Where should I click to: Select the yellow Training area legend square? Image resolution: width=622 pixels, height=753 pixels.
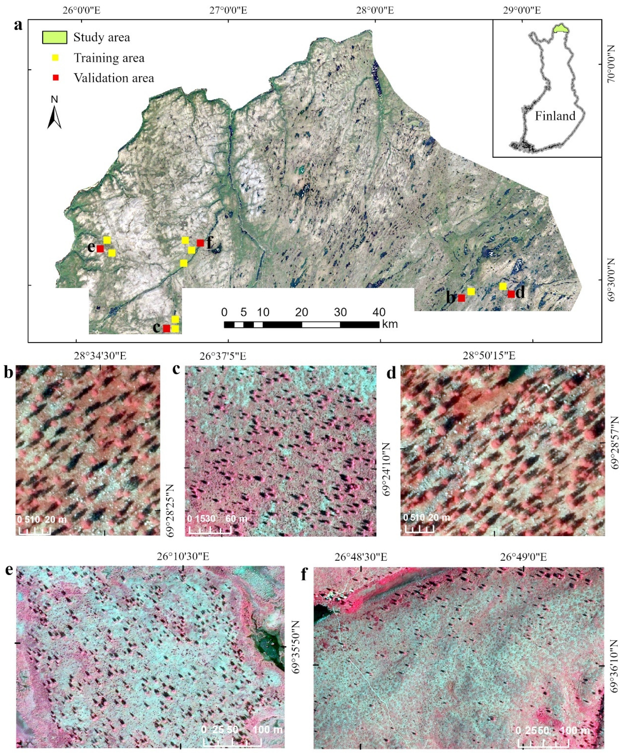(x=56, y=58)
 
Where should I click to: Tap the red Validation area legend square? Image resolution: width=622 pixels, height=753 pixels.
(x=56, y=78)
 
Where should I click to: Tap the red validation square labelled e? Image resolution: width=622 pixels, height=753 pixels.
(x=100, y=249)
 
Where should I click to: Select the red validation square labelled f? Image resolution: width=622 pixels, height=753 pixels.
(x=200, y=243)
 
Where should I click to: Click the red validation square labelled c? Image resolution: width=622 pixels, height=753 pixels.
(x=167, y=328)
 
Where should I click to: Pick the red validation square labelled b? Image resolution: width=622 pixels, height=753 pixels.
(x=461, y=298)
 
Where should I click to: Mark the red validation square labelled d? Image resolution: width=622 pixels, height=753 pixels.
(x=511, y=294)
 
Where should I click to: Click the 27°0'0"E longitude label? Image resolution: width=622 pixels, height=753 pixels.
(x=228, y=10)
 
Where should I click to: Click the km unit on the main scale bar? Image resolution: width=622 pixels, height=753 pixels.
(x=390, y=324)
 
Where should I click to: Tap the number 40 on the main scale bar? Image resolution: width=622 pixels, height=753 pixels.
(x=379, y=312)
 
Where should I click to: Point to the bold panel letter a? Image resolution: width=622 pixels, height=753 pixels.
(x=18, y=25)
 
